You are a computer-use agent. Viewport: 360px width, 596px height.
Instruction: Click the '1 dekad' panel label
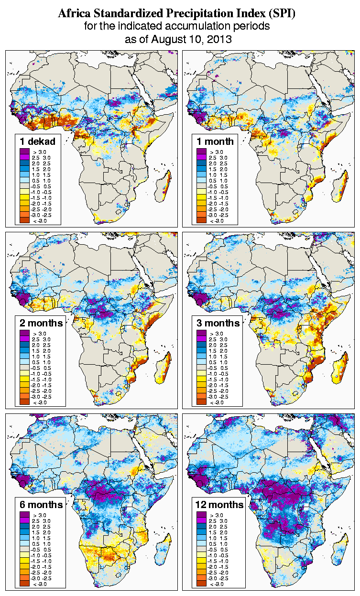pyautogui.click(x=38, y=141)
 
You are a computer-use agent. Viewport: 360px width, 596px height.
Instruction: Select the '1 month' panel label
pyautogui.click(x=215, y=141)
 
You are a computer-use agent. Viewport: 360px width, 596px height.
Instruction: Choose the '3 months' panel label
pyautogui.click(x=218, y=323)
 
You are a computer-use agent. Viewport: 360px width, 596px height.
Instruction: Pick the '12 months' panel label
pyautogui.click(x=219, y=505)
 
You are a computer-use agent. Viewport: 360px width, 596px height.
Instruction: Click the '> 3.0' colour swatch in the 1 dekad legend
pyautogui.click(x=24, y=152)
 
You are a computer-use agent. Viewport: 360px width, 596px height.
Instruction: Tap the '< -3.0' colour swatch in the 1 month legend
pyautogui.click(x=201, y=220)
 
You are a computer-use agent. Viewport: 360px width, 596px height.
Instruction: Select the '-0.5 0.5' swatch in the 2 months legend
pyautogui.click(x=24, y=368)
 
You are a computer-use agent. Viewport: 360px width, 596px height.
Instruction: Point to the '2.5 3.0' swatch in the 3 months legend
pyautogui.click(x=201, y=339)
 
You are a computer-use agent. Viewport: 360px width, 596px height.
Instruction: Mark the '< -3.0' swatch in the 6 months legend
pyautogui.click(x=24, y=584)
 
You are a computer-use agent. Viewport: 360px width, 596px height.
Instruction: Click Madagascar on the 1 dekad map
pyautogui.click(x=166, y=185)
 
